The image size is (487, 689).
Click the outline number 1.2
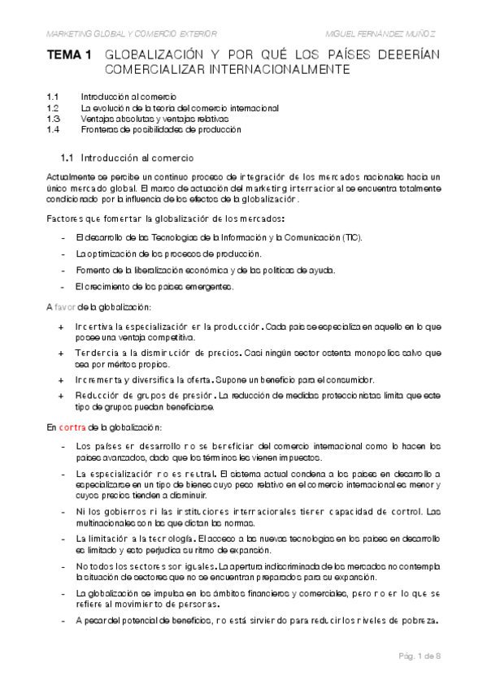tap(54, 107)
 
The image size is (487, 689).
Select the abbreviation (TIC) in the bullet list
tap(351, 236)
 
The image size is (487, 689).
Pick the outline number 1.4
tap(54, 128)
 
